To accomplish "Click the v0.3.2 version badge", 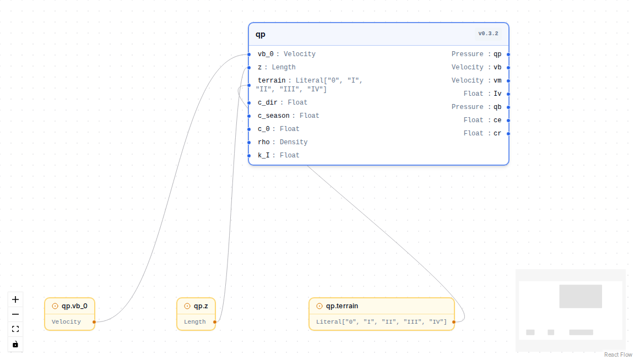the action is [x=488, y=34].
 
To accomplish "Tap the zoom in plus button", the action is [x=15, y=299].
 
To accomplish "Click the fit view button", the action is [x=15, y=329].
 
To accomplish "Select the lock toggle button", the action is [x=15, y=344].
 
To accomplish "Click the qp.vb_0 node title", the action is [x=74, y=306].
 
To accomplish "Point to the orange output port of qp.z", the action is [x=215, y=322].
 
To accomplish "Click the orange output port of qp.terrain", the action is [x=454, y=322].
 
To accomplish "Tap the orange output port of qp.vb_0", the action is [x=94, y=322].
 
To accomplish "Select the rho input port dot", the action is [x=249, y=142].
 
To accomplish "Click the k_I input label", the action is [x=264, y=155].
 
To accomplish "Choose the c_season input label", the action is [x=274, y=116].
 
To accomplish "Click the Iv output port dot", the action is [x=508, y=94].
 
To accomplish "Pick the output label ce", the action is [x=497, y=120].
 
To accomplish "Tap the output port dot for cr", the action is [x=508, y=133].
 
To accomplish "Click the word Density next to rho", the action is [x=294, y=142].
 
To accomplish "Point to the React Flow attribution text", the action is [x=618, y=354].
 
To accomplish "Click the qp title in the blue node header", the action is [x=261, y=34].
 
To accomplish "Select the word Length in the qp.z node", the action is [x=195, y=321].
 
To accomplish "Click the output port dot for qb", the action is [x=508, y=107].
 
